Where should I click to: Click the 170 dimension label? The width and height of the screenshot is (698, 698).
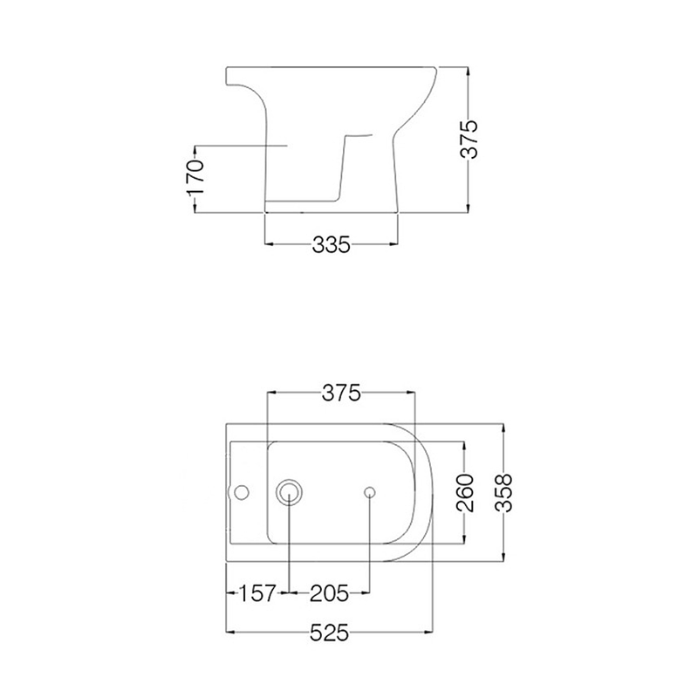195,177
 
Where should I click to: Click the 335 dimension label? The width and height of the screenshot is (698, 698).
332,244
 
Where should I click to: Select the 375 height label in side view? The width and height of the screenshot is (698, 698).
469,139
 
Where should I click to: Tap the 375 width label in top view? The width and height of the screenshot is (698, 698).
341,393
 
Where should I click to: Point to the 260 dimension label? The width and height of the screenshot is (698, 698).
465,493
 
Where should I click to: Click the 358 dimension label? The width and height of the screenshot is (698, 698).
504,493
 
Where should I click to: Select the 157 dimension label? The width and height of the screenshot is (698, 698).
258,593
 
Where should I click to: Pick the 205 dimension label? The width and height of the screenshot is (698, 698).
329,593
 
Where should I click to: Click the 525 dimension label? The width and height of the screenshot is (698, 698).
329,632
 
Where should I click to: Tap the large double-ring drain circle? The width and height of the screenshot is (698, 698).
289,492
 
